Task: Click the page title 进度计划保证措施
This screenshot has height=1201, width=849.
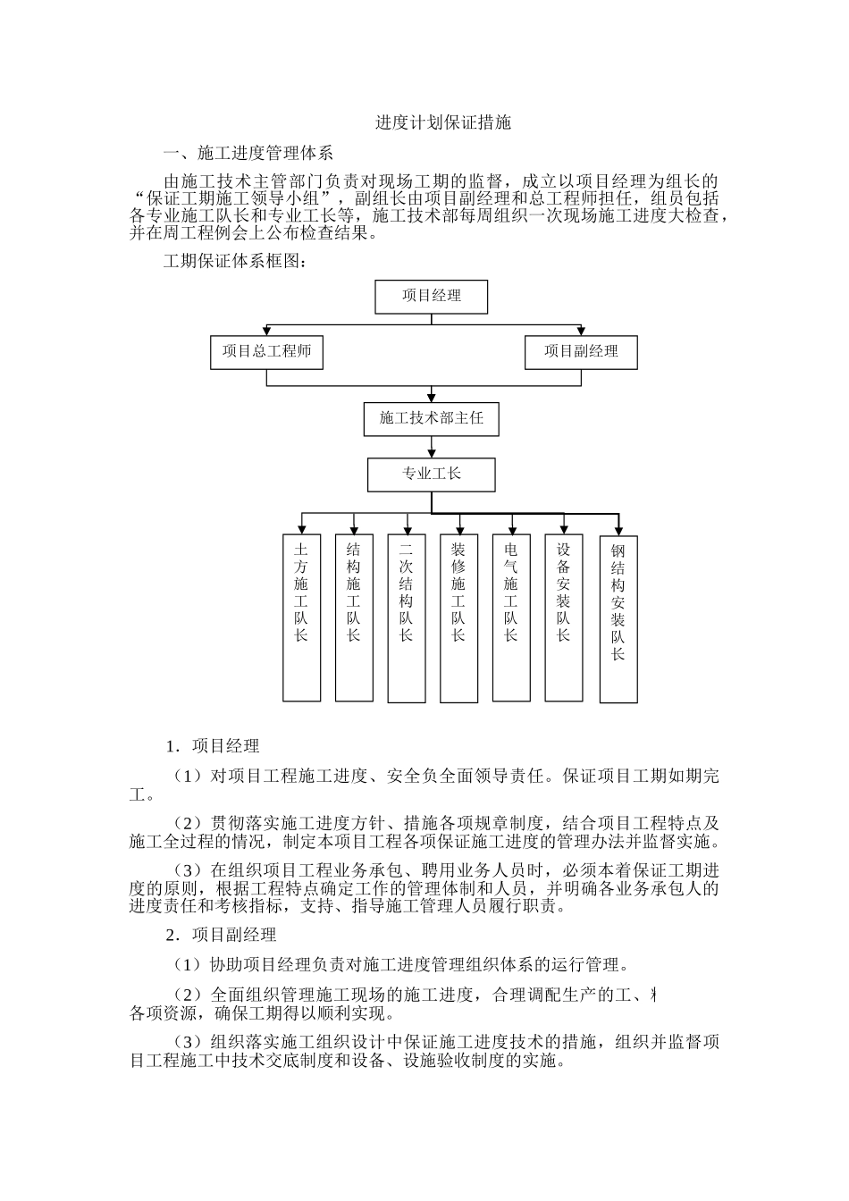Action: pyautogui.click(x=442, y=123)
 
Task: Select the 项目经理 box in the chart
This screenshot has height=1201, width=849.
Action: pyautogui.click(x=432, y=297)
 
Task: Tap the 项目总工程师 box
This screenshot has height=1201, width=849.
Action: pyautogui.click(x=266, y=352)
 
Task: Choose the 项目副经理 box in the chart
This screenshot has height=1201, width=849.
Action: pyautogui.click(x=581, y=352)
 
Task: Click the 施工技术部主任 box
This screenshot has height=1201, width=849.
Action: pyautogui.click(x=432, y=418)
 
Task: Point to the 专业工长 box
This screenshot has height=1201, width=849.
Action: pyautogui.click(x=432, y=474)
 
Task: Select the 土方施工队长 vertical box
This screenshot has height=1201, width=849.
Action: pyautogui.click(x=301, y=617)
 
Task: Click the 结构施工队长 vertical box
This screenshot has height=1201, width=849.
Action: pyautogui.click(x=354, y=617)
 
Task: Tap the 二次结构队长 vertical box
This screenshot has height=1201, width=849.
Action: pyautogui.click(x=407, y=617)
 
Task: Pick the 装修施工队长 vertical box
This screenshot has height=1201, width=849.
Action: pyautogui.click(x=458, y=617)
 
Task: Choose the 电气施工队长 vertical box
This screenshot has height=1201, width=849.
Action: pyautogui.click(x=511, y=617)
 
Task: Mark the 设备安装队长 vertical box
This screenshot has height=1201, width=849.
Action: pyautogui.click(x=564, y=617)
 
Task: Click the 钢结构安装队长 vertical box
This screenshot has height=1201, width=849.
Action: pyautogui.click(x=618, y=619)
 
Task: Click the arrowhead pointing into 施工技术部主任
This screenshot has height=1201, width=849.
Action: pyautogui.click(x=432, y=398)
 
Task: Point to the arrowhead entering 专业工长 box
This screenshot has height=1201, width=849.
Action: pyautogui.click(x=432, y=453)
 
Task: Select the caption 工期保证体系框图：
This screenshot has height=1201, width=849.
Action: pyautogui.click(x=235, y=263)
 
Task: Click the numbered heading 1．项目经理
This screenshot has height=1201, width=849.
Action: pyautogui.click(x=213, y=746)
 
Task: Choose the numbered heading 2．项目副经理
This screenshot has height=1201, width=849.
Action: pyautogui.click(x=221, y=936)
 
